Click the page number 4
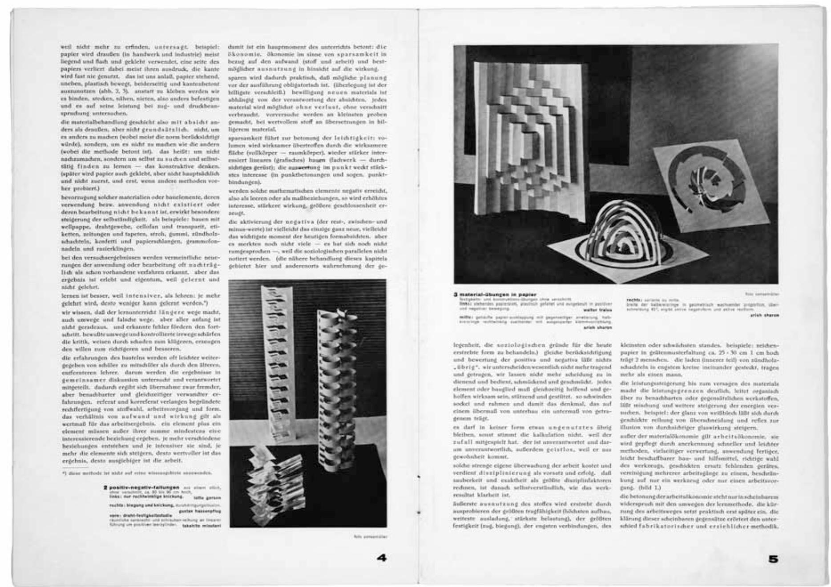[382, 558]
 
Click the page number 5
[773, 559]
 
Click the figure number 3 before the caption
[456, 295]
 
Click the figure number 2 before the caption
[105, 488]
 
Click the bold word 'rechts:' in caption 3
[633, 300]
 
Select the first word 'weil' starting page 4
[66, 47]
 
